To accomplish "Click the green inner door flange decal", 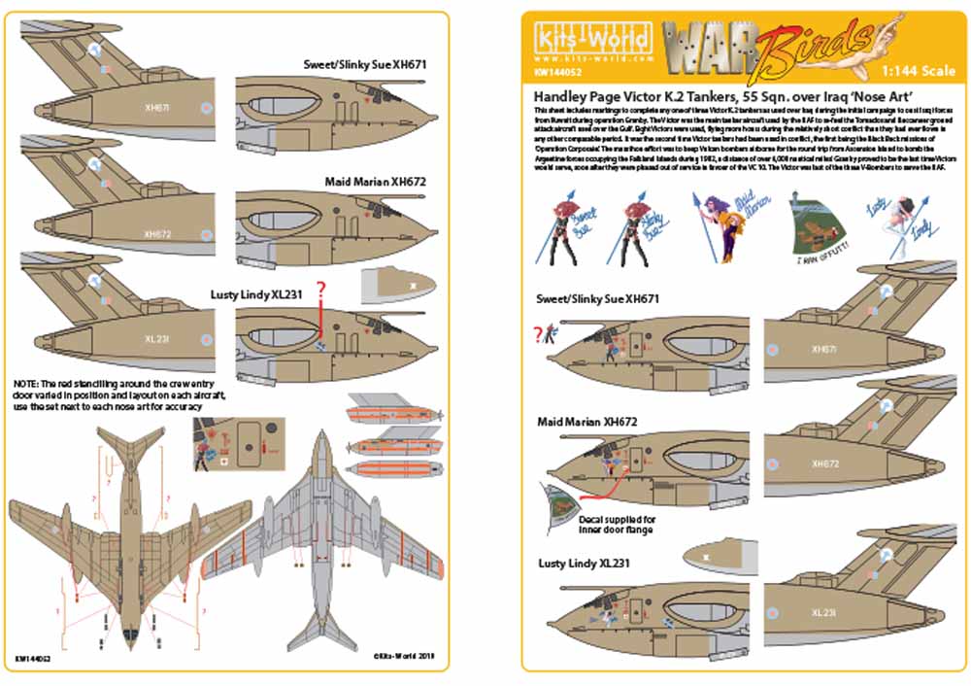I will (556, 497).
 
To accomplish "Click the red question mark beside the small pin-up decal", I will (537, 335).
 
